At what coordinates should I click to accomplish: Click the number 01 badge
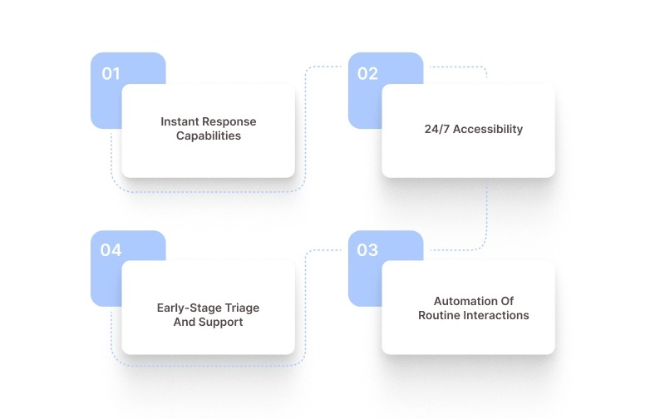coord(111,74)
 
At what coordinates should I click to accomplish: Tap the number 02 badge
coord(367,74)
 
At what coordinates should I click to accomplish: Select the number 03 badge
coord(367,250)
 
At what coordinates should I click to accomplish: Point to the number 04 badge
coord(111,250)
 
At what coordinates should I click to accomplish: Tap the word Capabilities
coord(209,136)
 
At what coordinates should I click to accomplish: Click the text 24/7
coord(437,129)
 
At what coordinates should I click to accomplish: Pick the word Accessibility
coord(488,129)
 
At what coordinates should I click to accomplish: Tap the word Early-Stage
coord(190,308)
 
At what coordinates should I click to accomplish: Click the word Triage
coord(242,308)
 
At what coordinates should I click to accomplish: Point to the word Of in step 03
coord(507,301)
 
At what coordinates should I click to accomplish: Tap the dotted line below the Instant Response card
coord(208,192)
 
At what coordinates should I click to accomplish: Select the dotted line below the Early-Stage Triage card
coord(208,366)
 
